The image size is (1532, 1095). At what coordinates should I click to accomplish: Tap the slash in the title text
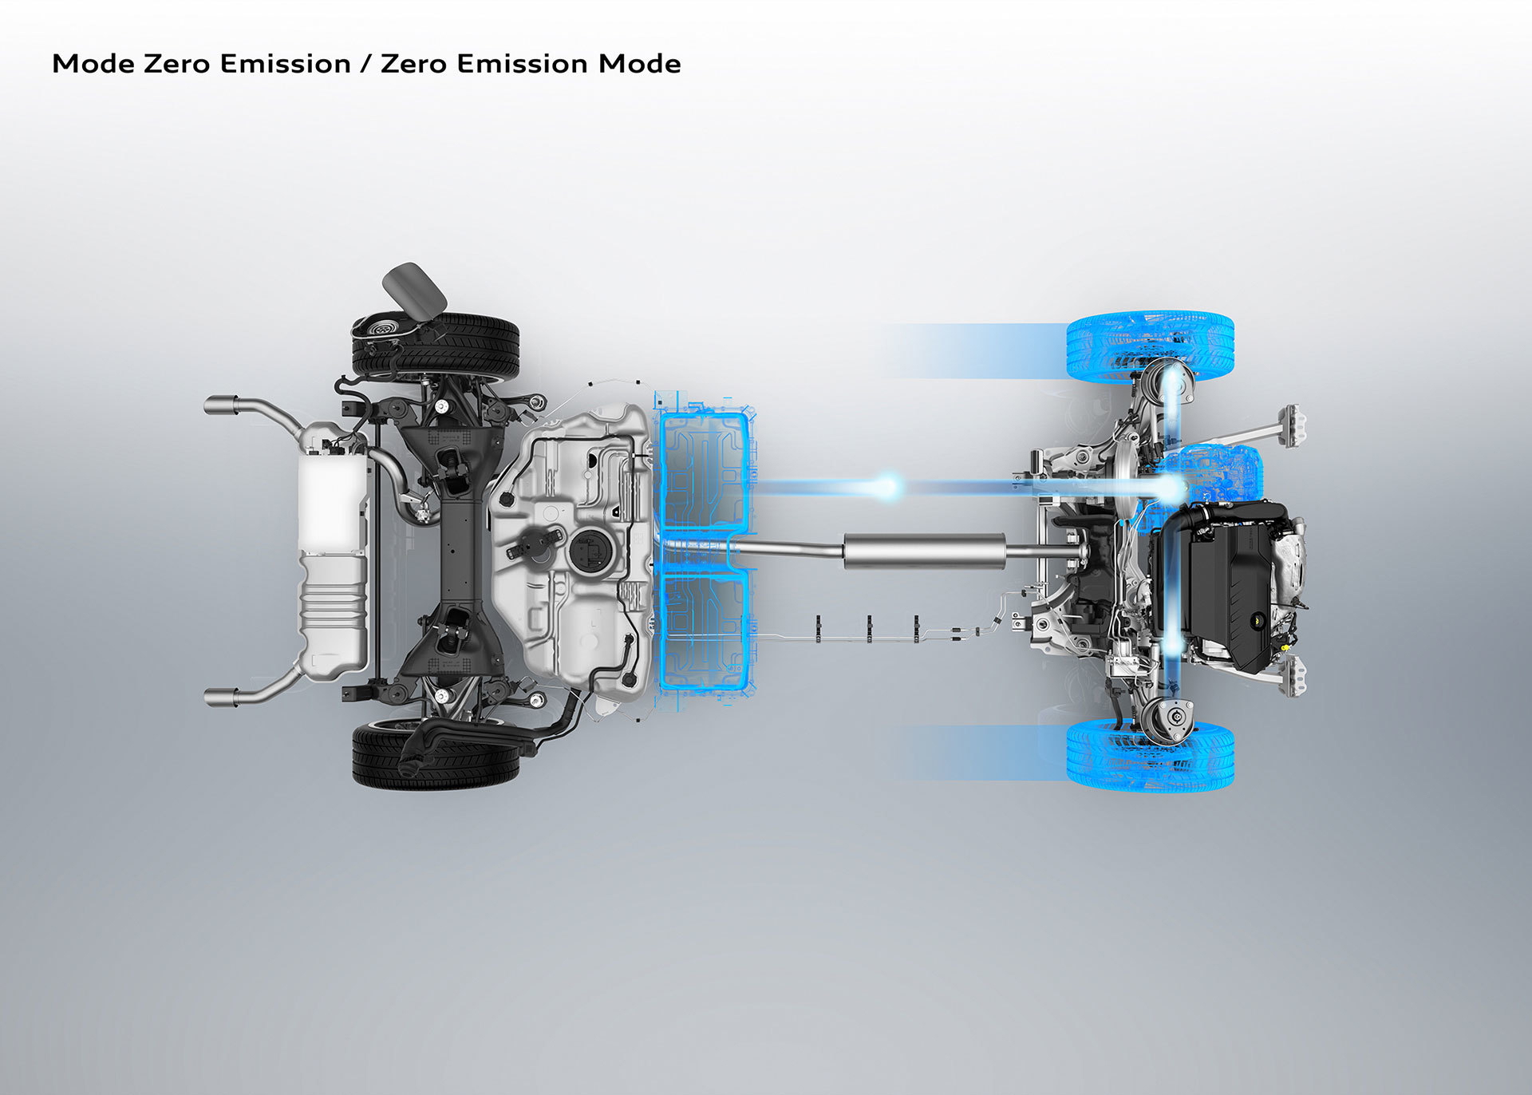click(x=366, y=64)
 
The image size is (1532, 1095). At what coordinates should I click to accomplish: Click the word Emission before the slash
click(x=286, y=64)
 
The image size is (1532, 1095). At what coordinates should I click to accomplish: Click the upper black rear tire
click(x=436, y=347)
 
